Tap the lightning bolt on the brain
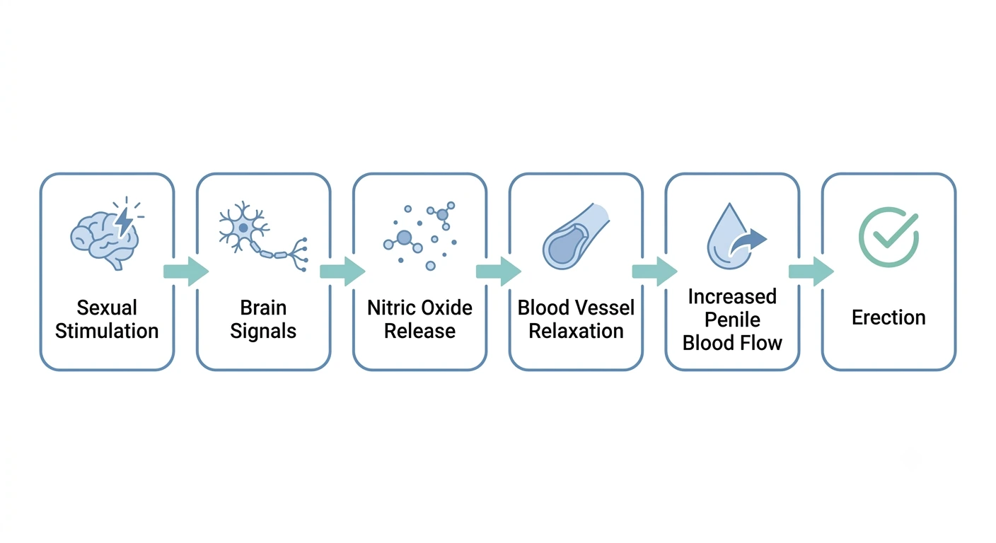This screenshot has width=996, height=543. point(124,222)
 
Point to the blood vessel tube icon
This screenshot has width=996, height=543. point(576,236)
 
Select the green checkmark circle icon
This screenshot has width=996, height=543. point(888,238)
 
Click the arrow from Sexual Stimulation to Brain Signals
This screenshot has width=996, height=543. point(186,271)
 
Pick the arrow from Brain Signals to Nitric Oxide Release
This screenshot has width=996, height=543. point(342,271)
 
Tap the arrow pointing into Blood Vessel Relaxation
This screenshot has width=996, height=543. point(499,271)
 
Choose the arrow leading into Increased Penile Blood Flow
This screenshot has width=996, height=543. point(654,271)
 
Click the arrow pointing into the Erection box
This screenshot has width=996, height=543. point(811,271)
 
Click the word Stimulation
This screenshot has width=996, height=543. point(107,331)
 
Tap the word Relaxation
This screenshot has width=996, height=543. point(576,331)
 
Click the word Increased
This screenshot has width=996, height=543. point(732,296)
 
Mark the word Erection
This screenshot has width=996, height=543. point(888,317)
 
